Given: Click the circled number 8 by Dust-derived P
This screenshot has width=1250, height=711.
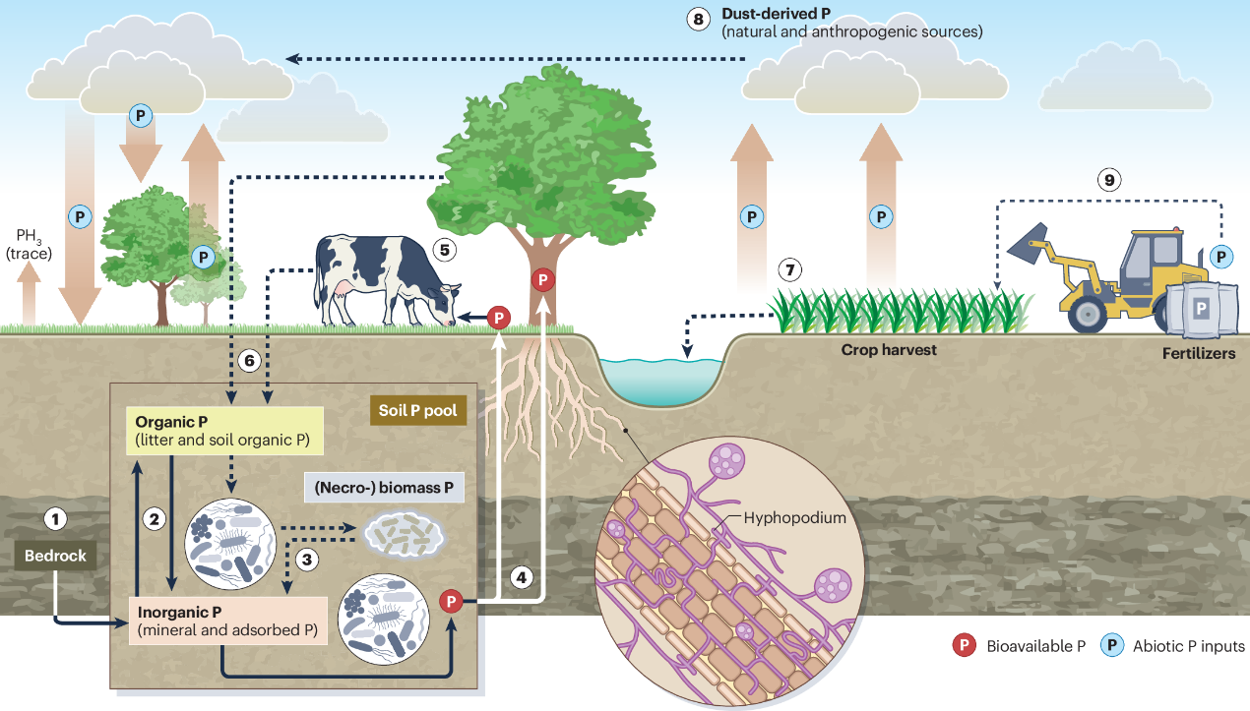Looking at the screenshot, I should click(699, 19).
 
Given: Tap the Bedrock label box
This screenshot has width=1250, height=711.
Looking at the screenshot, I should click(56, 556).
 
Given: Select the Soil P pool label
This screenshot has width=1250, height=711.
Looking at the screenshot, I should click(418, 410).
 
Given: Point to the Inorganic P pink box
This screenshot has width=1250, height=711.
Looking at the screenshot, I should click(227, 621).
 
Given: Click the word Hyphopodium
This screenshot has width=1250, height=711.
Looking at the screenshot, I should click(794, 517).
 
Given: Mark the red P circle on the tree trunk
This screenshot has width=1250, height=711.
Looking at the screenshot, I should click(542, 279).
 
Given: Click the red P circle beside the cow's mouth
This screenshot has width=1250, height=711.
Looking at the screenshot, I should click(499, 317).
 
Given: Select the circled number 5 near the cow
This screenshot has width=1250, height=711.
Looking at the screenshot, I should click(444, 249).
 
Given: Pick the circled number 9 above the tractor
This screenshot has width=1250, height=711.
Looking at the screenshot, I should click(1109, 180).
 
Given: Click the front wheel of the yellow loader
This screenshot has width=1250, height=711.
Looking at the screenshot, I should click(1087, 314).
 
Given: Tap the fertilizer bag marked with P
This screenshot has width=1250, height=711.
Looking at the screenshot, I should click(1200, 309).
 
